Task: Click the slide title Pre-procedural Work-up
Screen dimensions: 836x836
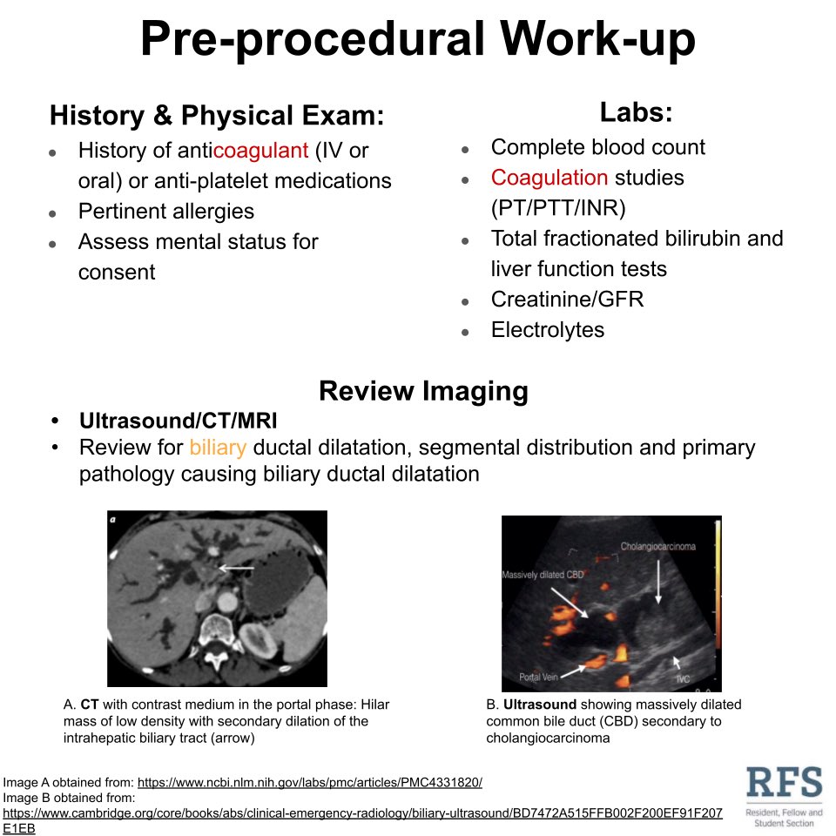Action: [418, 39]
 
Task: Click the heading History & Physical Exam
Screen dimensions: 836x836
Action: [217, 116]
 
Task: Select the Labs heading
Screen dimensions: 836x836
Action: [635, 112]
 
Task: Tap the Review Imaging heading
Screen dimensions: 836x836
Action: [423, 391]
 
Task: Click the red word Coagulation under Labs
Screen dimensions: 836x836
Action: [549, 178]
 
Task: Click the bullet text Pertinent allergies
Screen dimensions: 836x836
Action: [165, 212]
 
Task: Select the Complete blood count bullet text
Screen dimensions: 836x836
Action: [597, 147]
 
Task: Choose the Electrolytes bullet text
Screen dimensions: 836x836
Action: [547, 330]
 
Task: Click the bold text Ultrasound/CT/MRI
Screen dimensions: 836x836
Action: [178, 421]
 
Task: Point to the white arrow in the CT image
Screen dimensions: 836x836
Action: [236, 568]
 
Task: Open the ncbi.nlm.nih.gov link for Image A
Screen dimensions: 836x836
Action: [309, 782]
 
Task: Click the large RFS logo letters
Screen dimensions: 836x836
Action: [784, 784]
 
